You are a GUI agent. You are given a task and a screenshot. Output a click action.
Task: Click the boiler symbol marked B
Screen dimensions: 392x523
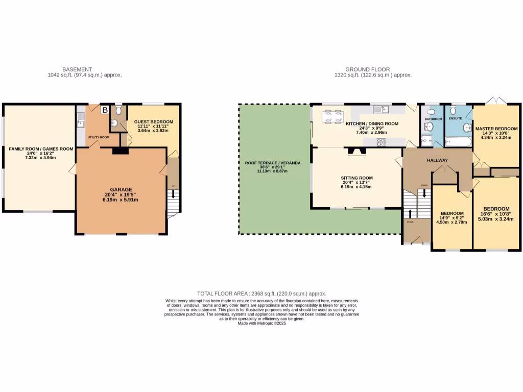[x=105, y=110]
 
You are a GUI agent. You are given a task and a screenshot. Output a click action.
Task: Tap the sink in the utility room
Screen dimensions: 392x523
[x=80, y=121]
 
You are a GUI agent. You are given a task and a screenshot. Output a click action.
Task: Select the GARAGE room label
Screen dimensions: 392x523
[x=122, y=188]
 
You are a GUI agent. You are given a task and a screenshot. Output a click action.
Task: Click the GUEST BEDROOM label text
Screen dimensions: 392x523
[x=154, y=121]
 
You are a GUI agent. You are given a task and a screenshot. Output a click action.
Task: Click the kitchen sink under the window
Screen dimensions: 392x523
[x=381, y=109]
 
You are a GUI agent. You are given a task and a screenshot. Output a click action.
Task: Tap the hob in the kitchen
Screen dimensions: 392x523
[x=381, y=142]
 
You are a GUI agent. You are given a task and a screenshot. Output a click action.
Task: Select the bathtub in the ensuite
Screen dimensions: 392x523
[x=458, y=141]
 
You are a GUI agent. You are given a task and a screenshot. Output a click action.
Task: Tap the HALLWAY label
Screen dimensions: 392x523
[x=437, y=160]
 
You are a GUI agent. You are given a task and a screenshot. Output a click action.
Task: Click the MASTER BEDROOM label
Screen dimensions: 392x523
[x=496, y=129]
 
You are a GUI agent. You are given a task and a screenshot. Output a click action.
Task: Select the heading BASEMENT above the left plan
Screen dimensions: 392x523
[x=77, y=69]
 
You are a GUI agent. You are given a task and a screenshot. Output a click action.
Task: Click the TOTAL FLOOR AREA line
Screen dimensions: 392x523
[x=261, y=293]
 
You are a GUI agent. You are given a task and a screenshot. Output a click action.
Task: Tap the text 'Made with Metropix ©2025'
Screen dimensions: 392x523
[x=261, y=324]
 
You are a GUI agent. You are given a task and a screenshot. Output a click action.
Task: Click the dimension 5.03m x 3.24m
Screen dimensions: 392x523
[x=496, y=219]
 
